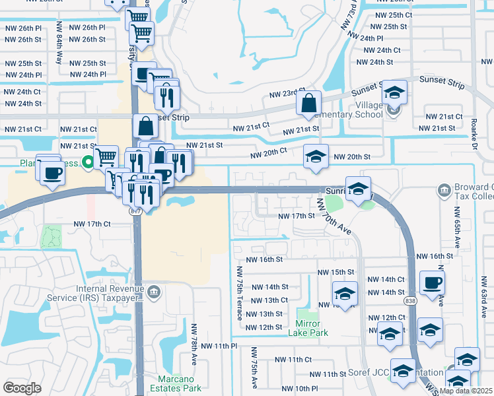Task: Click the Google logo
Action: pyautogui.click(x=22, y=387)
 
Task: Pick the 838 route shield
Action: pyautogui.click(x=410, y=300)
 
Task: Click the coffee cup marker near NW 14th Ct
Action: pyautogui.click(x=433, y=282)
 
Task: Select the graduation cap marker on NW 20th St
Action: pyautogui.click(x=316, y=156)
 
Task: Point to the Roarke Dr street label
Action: pyautogui.click(x=474, y=139)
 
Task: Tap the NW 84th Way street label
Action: pyautogui.click(x=59, y=47)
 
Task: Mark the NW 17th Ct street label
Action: pyautogui.click(x=92, y=224)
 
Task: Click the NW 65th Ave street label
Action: pyautogui.click(x=455, y=228)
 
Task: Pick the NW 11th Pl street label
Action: pyautogui.click(x=219, y=346)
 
